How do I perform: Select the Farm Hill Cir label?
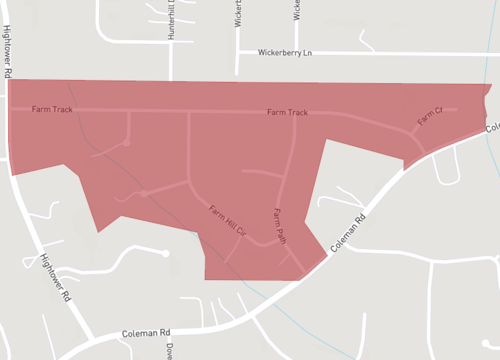tap(228, 220)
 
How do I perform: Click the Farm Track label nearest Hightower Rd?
tap(52, 108)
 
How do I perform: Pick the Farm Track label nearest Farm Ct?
tap(287, 112)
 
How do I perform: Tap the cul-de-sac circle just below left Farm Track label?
tap(126, 144)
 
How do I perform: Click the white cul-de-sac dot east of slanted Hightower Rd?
tap(166, 253)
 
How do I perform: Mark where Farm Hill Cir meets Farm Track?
tap(189, 110)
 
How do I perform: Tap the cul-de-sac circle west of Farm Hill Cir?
tap(144, 192)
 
